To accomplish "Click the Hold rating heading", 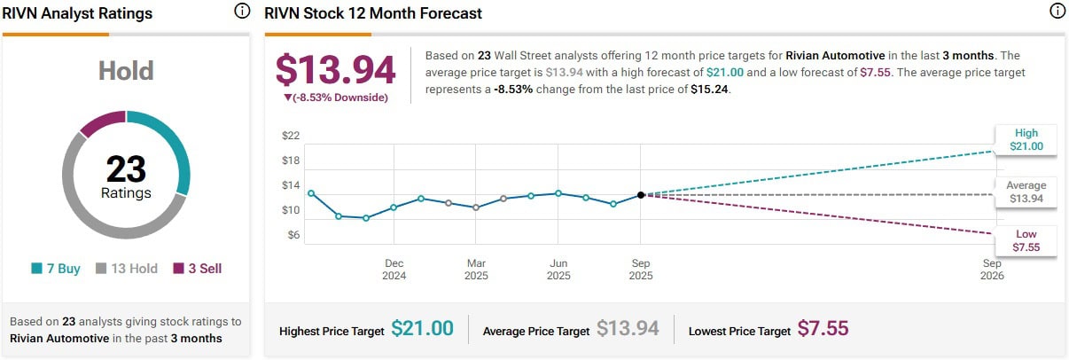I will coord(126,71).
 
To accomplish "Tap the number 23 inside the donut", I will coord(126,168).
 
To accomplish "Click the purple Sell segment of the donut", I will coord(102,122).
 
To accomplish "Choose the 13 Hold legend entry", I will coord(126,268).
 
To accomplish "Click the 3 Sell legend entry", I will coord(198,268).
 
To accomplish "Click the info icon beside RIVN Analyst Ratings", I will coord(242,12).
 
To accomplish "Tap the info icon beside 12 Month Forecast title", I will coord(1057,12).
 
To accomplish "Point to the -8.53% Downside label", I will coord(336,98).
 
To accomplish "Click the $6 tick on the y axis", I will coord(292,235).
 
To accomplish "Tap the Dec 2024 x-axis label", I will coord(394,270).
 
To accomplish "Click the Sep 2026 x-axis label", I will coord(992,270).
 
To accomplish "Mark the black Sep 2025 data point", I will coord(641,195).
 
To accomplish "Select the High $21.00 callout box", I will coord(1026,140).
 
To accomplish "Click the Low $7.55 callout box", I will coord(1026,241).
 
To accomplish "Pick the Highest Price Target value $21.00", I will coord(422,329).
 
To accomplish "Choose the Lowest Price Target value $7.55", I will coord(823,329).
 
